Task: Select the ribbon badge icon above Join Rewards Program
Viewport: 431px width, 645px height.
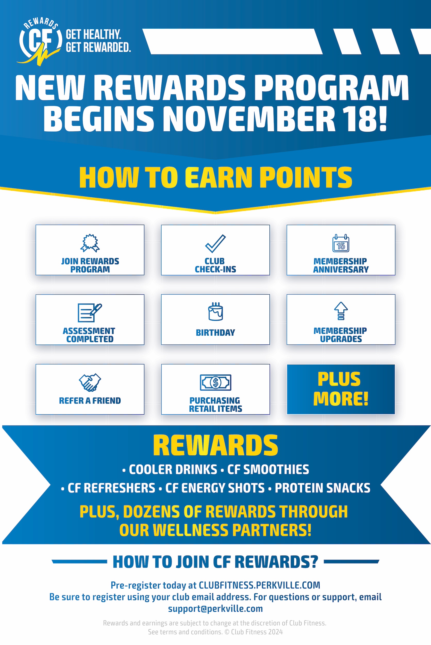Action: (x=90, y=243)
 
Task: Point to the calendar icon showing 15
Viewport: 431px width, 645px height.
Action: (x=341, y=243)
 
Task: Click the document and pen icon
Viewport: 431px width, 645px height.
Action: (x=90, y=313)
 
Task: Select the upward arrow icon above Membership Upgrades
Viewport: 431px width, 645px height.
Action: (x=341, y=311)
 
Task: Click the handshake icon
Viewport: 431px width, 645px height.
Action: (x=90, y=382)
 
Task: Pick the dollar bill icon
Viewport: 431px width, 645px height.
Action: (x=215, y=382)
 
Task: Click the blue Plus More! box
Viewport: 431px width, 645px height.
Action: (x=341, y=389)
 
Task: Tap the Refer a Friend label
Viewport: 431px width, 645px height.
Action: (x=90, y=401)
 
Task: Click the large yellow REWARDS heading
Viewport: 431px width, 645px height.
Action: (x=215, y=446)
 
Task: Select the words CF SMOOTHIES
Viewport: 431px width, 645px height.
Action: (x=268, y=470)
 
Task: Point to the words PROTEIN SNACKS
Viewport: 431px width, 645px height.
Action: (x=322, y=488)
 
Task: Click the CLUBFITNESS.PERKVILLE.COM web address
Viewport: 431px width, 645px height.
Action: (x=260, y=585)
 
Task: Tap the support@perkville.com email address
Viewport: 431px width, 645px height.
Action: (x=215, y=609)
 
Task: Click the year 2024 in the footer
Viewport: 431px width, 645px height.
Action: (x=276, y=632)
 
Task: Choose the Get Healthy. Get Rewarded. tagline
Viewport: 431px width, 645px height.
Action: (x=98, y=41)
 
